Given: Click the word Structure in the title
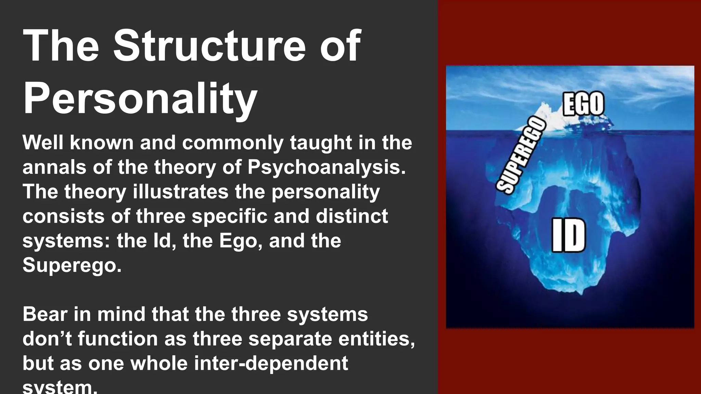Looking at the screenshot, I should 209,46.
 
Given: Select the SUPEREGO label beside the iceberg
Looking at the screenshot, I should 521,155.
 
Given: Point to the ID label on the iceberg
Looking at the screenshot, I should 569,236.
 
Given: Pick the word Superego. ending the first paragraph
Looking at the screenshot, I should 72,265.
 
